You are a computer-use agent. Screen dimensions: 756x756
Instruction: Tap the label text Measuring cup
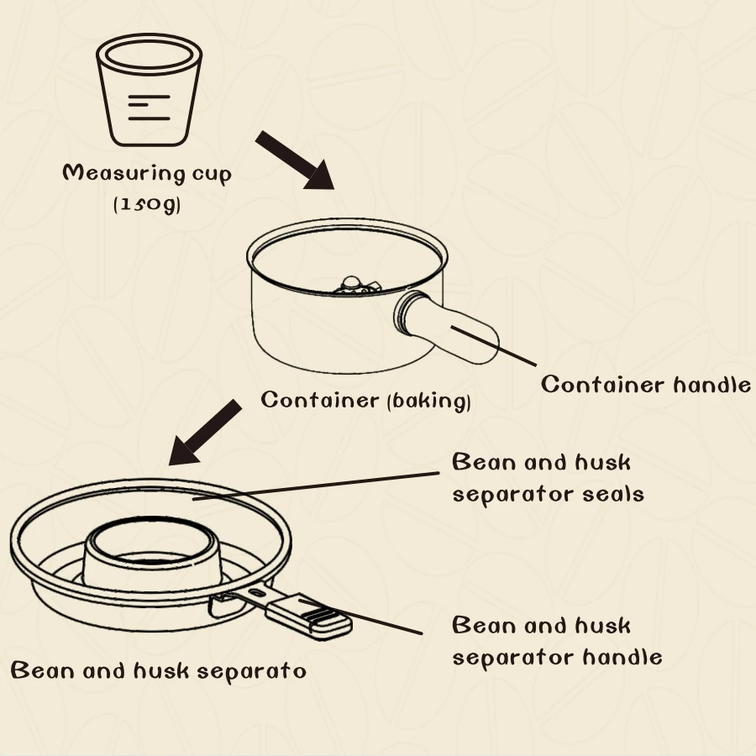click(147, 174)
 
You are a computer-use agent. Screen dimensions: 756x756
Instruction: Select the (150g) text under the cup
click(147, 203)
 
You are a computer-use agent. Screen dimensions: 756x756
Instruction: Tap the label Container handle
click(645, 385)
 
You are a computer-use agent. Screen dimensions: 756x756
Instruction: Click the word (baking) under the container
click(428, 402)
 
